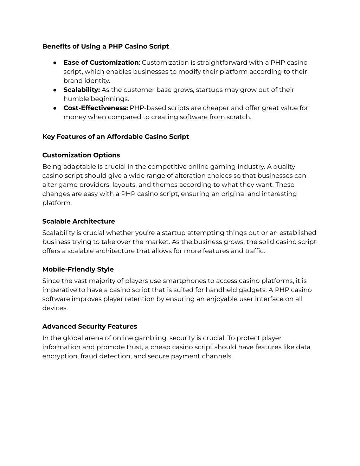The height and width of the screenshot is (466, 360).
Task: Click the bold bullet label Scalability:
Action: (x=82, y=90)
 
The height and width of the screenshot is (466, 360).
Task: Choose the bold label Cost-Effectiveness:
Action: (x=96, y=108)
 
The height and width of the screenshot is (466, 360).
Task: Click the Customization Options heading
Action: (x=81, y=155)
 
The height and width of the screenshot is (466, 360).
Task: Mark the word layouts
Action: (x=124, y=185)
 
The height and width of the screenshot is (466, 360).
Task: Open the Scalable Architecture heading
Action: (x=78, y=221)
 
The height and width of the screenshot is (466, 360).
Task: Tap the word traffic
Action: (x=254, y=251)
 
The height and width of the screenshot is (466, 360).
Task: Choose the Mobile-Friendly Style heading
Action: (x=78, y=269)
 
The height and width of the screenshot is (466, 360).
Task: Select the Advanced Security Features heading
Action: (x=89, y=326)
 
